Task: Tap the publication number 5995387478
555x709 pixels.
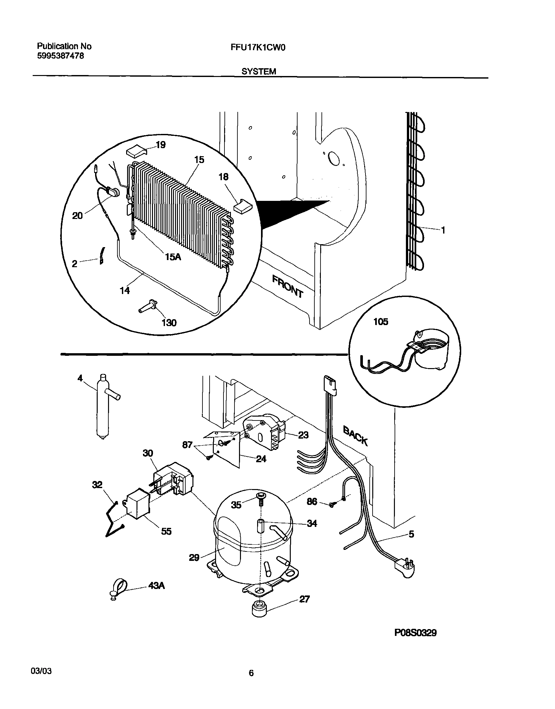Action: pos(60,56)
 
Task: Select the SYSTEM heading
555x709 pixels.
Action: pos(259,71)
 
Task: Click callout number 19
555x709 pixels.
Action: pos(160,145)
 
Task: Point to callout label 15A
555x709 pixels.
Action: pos(173,257)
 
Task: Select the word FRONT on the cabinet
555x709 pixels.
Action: pos(288,286)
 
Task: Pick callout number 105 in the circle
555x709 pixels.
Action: pos(380,322)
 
